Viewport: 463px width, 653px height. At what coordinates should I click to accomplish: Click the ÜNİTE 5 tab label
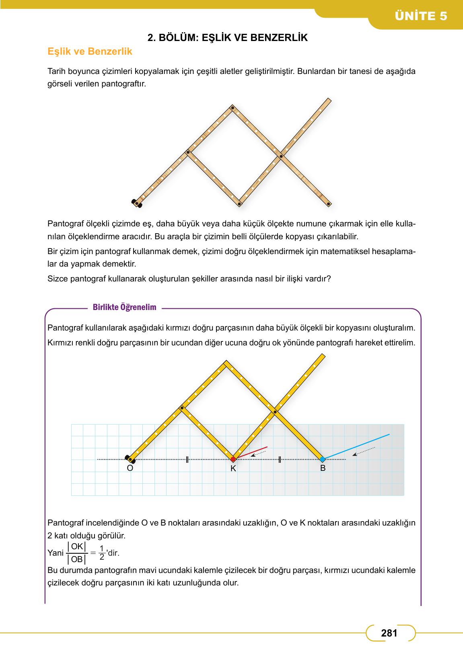tap(421, 16)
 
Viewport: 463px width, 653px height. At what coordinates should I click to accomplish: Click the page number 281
tap(389, 633)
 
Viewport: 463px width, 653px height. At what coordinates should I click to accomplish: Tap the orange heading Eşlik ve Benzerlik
tap(90, 52)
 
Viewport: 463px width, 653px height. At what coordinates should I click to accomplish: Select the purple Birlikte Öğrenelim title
tap(124, 308)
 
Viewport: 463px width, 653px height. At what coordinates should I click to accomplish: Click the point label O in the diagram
tap(130, 468)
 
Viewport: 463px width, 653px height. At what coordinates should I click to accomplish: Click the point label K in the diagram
tap(233, 469)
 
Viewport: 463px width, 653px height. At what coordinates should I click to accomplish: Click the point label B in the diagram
tap(323, 468)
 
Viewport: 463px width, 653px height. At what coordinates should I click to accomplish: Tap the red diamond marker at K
tap(233, 459)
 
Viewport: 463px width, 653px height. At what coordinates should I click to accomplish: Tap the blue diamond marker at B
tap(322, 459)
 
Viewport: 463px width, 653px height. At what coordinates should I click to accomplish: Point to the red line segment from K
tap(251, 452)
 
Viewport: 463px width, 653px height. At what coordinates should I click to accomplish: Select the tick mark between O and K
tap(187, 459)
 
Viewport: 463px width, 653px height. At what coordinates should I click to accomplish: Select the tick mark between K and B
tap(279, 459)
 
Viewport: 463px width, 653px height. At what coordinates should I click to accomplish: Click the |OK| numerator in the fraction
tap(76, 546)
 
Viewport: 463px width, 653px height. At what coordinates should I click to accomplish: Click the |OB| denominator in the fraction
tap(76, 559)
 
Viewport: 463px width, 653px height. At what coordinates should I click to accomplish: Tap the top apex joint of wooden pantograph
tap(232, 107)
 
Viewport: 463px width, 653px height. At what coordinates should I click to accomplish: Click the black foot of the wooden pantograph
tap(137, 203)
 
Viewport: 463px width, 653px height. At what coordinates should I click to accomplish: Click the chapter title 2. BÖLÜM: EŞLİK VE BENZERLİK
tap(228, 38)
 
